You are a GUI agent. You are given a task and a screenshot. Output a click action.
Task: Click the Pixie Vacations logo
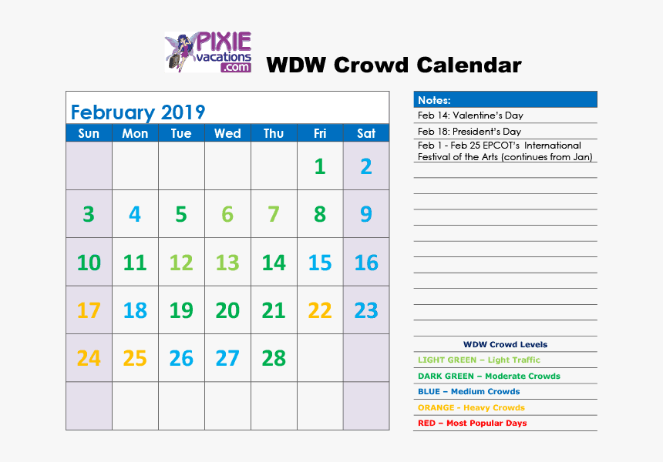click(208, 52)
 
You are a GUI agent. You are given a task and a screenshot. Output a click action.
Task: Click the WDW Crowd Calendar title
click(393, 65)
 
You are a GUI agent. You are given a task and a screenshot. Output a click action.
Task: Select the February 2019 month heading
click(138, 112)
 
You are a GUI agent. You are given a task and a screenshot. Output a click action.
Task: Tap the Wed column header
click(227, 133)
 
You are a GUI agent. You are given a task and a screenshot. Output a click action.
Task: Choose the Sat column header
click(366, 133)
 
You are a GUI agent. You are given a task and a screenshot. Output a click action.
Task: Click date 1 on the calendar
click(320, 166)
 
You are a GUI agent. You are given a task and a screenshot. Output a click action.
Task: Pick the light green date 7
click(274, 214)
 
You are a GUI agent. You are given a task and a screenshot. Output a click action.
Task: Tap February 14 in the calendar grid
click(274, 263)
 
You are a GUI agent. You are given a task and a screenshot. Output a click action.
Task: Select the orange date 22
click(320, 310)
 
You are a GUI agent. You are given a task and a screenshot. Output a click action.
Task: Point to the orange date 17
click(89, 310)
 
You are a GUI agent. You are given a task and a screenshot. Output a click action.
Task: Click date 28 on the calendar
click(274, 358)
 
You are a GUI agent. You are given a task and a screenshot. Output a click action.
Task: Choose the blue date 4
click(135, 214)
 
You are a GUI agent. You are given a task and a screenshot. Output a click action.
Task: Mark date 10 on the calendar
click(89, 263)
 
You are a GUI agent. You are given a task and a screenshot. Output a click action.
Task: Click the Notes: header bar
click(505, 100)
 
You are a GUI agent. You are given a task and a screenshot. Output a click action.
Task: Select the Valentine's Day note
click(470, 115)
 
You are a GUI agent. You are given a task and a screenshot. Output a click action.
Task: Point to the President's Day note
click(469, 132)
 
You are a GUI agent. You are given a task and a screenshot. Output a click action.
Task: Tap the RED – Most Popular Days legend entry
click(472, 423)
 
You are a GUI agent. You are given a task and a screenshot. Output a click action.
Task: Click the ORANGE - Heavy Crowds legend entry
click(470, 407)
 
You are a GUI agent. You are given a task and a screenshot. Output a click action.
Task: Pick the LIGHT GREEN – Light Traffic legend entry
click(479, 360)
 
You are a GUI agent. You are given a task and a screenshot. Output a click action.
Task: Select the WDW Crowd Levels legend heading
click(505, 345)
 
